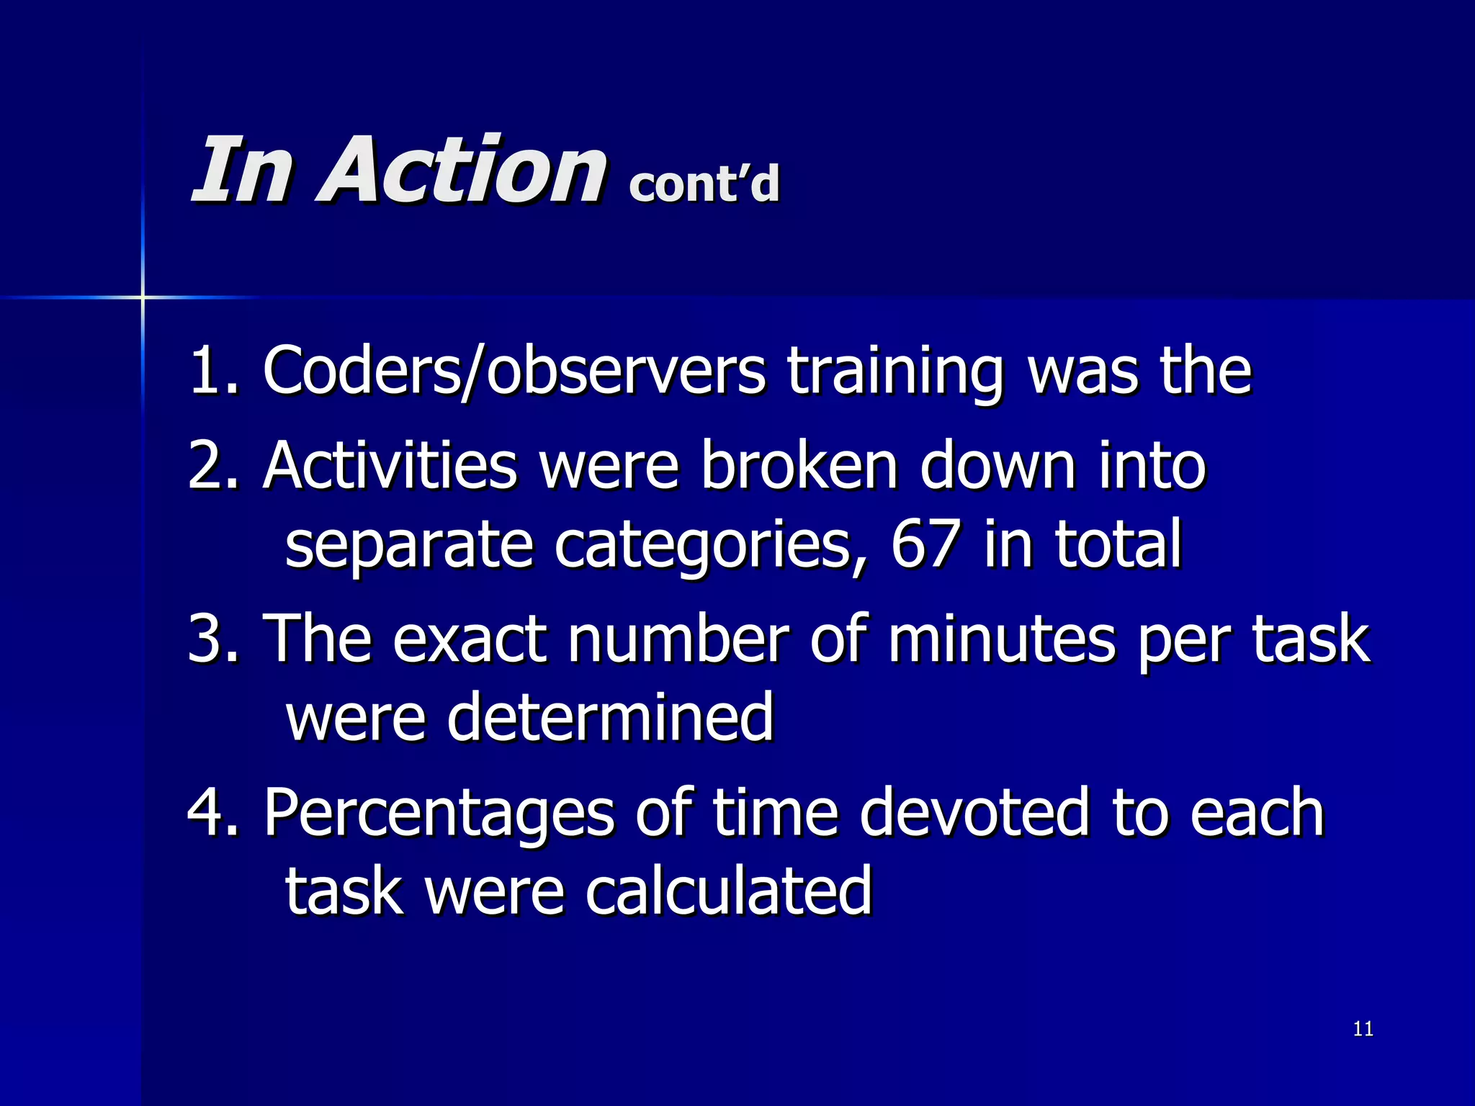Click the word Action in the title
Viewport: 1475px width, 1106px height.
click(x=461, y=170)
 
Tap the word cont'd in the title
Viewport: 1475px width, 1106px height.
click(x=704, y=183)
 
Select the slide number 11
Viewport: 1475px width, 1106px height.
click(x=1363, y=1028)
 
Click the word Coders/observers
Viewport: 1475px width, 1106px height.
click(x=514, y=372)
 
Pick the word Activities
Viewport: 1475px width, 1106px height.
click(x=390, y=467)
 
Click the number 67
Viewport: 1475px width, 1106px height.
click(x=925, y=544)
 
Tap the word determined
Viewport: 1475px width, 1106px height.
click(x=609, y=717)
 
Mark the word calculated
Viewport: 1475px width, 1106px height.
click(x=728, y=891)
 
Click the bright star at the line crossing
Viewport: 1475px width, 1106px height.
click(x=143, y=297)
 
